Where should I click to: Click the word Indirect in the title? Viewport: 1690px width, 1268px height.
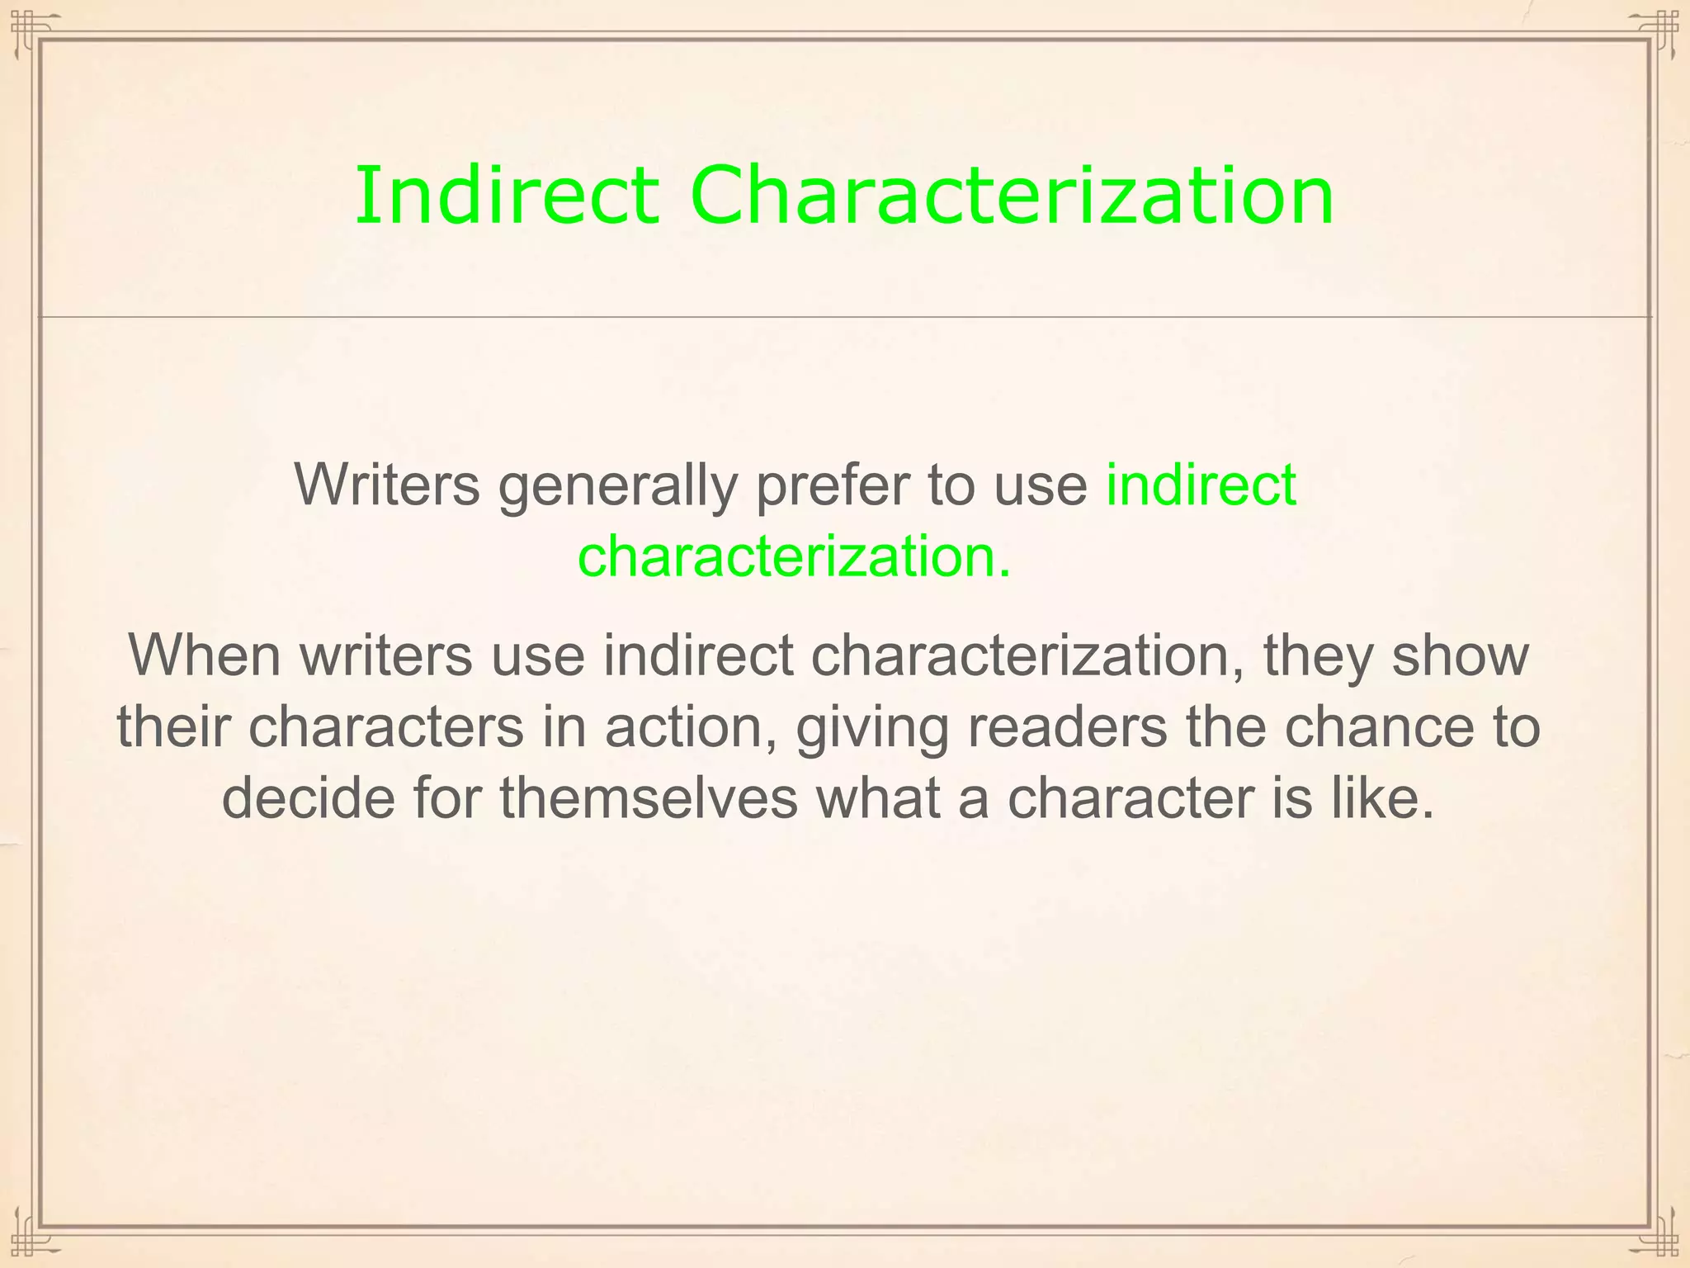click(x=507, y=196)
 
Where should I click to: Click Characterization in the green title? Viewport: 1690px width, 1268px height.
click(x=1012, y=196)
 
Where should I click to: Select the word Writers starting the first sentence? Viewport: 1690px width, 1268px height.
click(x=387, y=485)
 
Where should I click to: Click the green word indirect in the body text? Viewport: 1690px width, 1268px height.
click(x=1201, y=485)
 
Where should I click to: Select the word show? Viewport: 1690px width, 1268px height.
click(x=1461, y=655)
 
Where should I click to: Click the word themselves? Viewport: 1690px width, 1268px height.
click(x=649, y=798)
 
